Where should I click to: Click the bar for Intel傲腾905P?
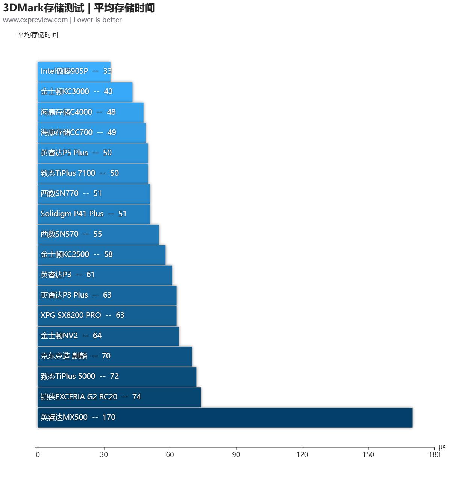(x=74, y=71)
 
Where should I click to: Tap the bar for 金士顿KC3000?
(x=85, y=92)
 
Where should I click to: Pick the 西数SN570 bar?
(x=98, y=234)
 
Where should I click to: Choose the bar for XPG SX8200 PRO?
(x=107, y=316)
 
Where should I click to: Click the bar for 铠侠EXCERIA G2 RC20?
(x=119, y=397)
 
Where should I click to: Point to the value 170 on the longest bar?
(x=109, y=417)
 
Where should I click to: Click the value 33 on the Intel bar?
(x=107, y=71)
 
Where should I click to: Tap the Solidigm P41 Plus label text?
(x=72, y=214)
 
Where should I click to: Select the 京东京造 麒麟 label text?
(x=64, y=356)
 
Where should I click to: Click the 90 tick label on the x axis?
(x=236, y=454)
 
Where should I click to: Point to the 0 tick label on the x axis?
(x=38, y=454)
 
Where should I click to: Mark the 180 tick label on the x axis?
(x=434, y=454)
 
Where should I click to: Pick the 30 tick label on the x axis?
(x=104, y=454)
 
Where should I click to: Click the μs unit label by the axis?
(x=442, y=447)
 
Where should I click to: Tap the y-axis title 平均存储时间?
(x=38, y=35)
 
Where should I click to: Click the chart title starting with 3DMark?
(x=79, y=8)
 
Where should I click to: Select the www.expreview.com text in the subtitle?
(x=35, y=20)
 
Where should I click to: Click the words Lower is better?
(x=97, y=20)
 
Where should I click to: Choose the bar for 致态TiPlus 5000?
(x=117, y=377)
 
